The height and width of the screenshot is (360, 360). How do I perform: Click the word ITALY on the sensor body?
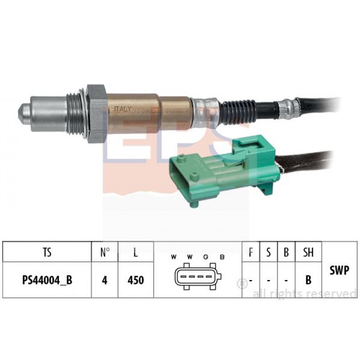(123, 109)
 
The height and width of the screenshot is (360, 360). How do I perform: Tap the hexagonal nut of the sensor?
(96, 114)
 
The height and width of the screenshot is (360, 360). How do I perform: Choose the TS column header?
(47, 252)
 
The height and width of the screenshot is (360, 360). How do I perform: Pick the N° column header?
(105, 252)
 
